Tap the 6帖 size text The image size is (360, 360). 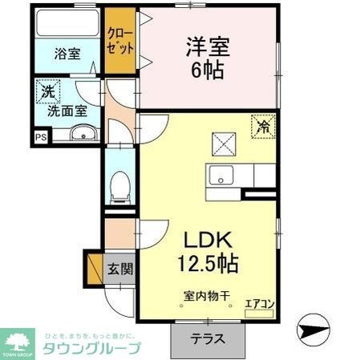(x=207, y=70)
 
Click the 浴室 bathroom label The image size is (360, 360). (x=67, y=55)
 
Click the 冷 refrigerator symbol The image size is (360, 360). (x=264, y=126)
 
